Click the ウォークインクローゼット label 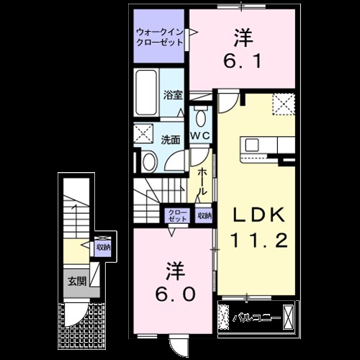pyautogui.click(x=160, y=36)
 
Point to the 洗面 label pyautogui.click(x=170, y=139)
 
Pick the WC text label pyautogui.click(x=199, y=135)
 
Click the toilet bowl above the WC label pyautogui.click(x=199, y=115)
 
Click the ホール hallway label pyautogui.click(x=203, y=182)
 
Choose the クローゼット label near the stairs pyautogui.click(x=177, y=215)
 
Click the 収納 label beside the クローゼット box pyautogui.click(x=204, y=215)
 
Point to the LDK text pyautogui.click(x=258, y=215)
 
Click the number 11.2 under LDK pyautogui.click(x=258, y=239)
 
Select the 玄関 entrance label pyautogui.click(x=76, y=280)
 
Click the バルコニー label pyautogui.click(x=253, y=317)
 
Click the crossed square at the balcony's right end pyautogui.click(x=288, y=317)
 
